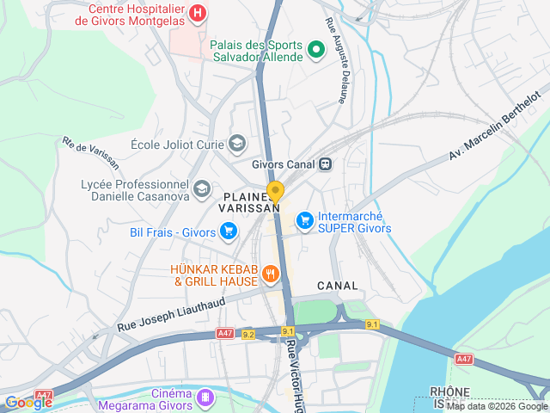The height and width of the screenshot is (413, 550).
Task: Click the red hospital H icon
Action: (199, 13)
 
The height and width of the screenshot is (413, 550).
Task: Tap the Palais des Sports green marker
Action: (315, 50)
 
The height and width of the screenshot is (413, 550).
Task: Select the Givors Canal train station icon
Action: (325, 163)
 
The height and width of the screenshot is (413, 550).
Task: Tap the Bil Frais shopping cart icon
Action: (228, 231)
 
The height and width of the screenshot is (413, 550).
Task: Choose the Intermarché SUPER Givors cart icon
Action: (304, 221)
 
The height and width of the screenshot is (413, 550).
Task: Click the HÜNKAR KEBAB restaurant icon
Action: (271, 274)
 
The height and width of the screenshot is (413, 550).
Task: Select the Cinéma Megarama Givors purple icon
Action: (205, 397)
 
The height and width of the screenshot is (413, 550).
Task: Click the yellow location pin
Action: (275, 192)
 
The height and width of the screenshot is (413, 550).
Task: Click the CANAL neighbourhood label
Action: (337, 285)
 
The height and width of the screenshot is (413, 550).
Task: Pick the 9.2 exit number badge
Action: (248, 335)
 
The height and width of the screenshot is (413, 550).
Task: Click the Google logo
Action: (28, 402)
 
